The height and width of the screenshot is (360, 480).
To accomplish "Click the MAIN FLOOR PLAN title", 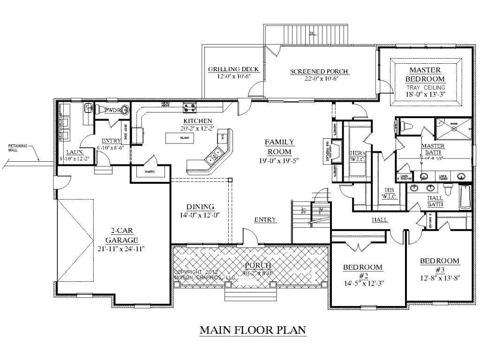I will click(x=253, y=330).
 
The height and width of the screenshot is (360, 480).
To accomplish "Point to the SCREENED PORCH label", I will click(x=319, y=71).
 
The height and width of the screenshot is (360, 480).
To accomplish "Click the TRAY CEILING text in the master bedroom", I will click(x=426, y=88).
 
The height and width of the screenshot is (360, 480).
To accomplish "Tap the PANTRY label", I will click(x=150, y=172).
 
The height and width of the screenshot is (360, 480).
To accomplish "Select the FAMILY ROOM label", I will click(x=280, y=146).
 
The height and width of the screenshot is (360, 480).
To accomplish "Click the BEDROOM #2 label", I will click(x=362, y=271).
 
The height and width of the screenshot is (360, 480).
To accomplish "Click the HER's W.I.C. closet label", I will click(x=358, y=156).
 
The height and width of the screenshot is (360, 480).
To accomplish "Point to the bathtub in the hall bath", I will click(x=465, y=197).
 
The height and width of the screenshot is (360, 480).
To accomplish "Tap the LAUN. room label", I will click(x=74, y=152).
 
